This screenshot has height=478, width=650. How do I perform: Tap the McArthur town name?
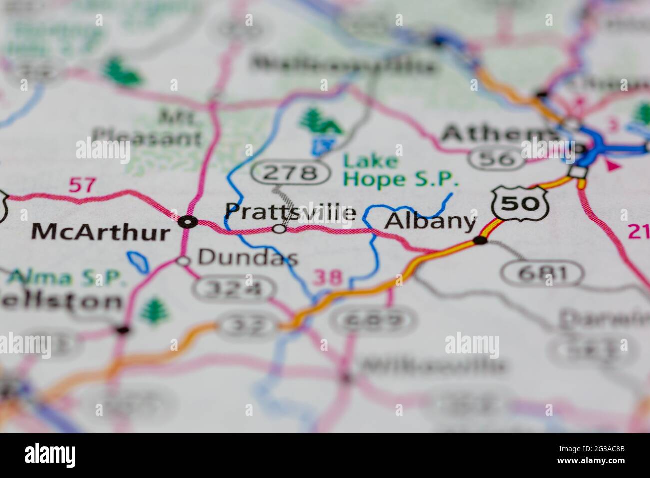tap(100, 232)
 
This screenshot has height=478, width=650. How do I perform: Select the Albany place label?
tap(430, 221)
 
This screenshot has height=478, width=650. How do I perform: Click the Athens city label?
tap(500, 134)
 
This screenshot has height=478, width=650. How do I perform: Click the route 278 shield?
tap(291, 173)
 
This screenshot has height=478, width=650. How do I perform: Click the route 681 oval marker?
tap(542, 273)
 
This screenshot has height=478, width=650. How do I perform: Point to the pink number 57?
tap(81, 185)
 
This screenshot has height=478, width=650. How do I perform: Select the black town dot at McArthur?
tap(188, 222)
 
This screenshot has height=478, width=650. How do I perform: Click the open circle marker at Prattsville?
tap(279, 229)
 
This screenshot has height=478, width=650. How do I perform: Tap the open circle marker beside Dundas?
tap(184, 260)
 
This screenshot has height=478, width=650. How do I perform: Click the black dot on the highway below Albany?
tap(480, 241)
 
